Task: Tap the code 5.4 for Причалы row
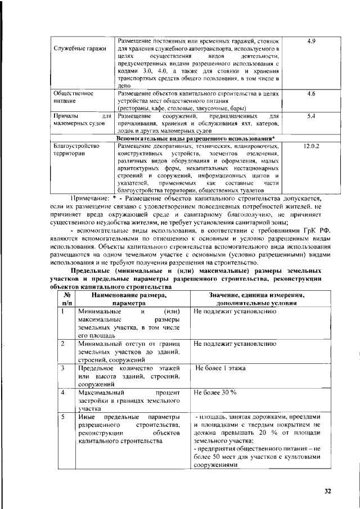312,116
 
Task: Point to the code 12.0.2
311,146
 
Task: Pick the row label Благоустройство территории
76,150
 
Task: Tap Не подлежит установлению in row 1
235,311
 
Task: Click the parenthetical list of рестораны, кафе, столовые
181,107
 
